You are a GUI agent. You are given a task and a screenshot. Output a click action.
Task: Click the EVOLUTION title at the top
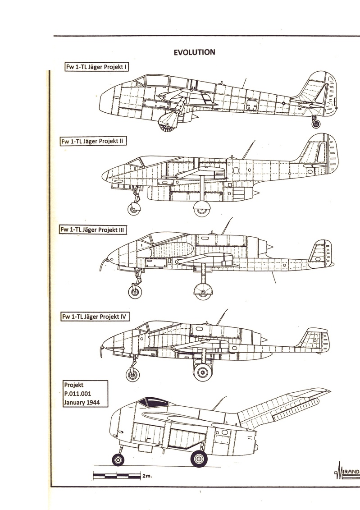(194, 52)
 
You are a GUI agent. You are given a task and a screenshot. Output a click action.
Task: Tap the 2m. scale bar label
(146, 476)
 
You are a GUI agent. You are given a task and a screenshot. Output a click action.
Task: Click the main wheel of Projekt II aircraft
(203, 209)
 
